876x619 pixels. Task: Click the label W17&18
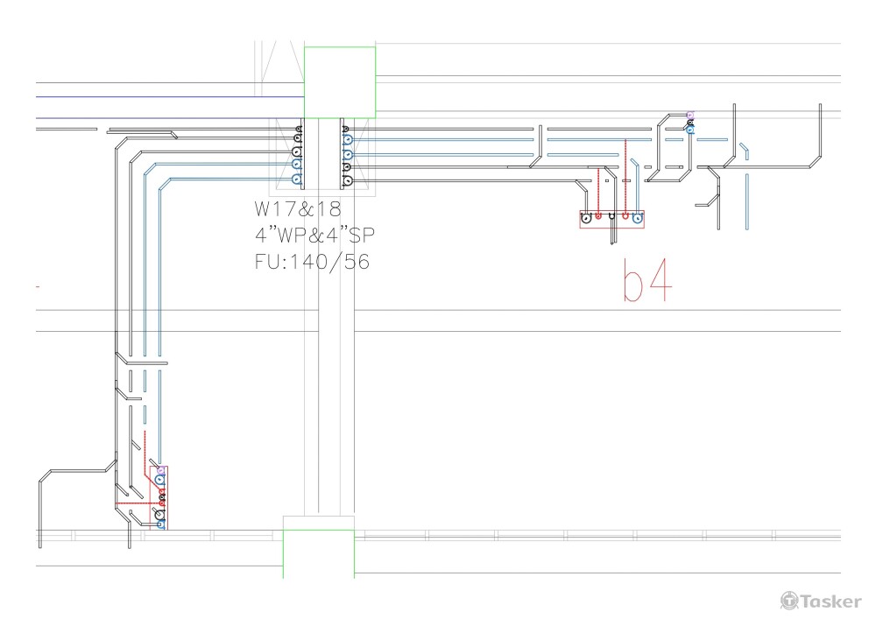298,210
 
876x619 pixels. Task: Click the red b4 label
647,280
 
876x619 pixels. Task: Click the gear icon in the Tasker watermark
789,600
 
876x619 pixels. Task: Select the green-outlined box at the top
340,82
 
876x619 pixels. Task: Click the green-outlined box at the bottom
319,546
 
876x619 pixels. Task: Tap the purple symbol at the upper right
690,115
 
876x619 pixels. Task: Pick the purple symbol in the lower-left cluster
161,470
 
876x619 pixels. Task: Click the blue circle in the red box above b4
638,216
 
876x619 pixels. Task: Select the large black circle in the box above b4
585,217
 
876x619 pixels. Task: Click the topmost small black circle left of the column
299,130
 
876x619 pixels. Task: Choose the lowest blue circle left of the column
295,179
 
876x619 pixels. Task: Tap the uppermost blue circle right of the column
348,138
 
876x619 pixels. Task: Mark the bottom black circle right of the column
348,180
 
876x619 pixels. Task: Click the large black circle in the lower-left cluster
160,515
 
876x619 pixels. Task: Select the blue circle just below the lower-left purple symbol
161,480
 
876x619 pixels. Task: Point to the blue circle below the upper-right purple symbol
690,130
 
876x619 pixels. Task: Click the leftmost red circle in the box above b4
598,215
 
